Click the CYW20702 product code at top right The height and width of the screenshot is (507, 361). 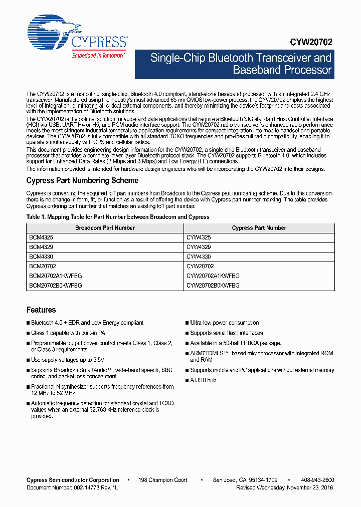311,43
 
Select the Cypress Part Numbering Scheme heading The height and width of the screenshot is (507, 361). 82,180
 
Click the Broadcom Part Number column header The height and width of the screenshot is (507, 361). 105,228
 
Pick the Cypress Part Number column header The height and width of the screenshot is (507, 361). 259,228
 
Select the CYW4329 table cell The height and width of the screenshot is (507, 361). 199,247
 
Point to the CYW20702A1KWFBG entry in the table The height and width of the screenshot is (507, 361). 213,276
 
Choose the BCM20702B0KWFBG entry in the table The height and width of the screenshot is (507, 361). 55,285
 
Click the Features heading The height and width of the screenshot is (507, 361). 41,310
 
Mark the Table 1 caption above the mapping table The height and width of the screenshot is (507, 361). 118,217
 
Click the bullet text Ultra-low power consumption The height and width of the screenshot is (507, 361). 224,323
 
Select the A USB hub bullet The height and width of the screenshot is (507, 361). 203,380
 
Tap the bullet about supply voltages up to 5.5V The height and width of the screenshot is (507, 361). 67,360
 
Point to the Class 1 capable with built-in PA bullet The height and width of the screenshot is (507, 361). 68,333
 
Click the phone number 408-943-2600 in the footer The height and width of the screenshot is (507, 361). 317,480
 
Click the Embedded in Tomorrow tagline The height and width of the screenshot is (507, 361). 98,56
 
